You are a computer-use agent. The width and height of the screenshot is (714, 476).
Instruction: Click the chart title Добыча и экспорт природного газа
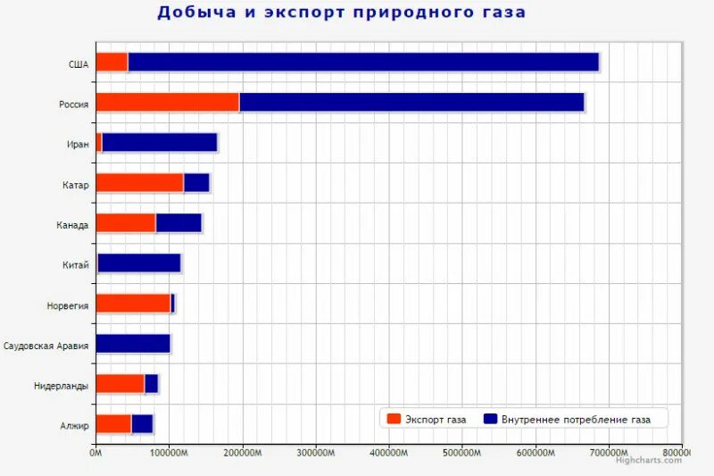pos(341,13)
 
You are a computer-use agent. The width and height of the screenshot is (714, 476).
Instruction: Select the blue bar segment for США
pos(363,62)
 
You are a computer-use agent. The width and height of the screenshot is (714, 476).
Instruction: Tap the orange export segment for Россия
pos(167,102)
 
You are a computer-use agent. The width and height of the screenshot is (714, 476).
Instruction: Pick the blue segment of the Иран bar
pos(160,142)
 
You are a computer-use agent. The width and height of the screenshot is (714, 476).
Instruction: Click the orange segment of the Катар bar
pos(139,182)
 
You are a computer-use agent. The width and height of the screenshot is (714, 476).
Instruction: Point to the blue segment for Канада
pos(178,222)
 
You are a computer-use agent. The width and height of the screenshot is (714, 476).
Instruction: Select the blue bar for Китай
pos(139,263)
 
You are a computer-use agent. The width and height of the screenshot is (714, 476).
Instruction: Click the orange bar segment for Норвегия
pos(133,303)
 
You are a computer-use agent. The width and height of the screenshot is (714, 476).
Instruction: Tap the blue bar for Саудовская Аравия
pos(133,343)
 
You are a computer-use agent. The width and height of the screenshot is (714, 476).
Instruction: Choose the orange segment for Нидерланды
pos(120,383)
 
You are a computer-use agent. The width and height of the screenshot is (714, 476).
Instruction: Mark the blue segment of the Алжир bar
pos(142,423)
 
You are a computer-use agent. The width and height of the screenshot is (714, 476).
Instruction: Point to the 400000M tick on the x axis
pos(388,454)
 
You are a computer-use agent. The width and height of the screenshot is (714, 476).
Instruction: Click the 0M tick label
pos(95,454)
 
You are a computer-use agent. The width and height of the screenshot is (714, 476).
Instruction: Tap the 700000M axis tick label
pos(608,454)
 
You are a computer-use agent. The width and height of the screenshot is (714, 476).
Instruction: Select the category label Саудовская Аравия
pos(46,345)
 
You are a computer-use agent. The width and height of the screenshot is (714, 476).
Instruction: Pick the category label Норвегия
pos(68,305)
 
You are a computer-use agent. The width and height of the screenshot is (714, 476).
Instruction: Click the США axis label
pos(79,63)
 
